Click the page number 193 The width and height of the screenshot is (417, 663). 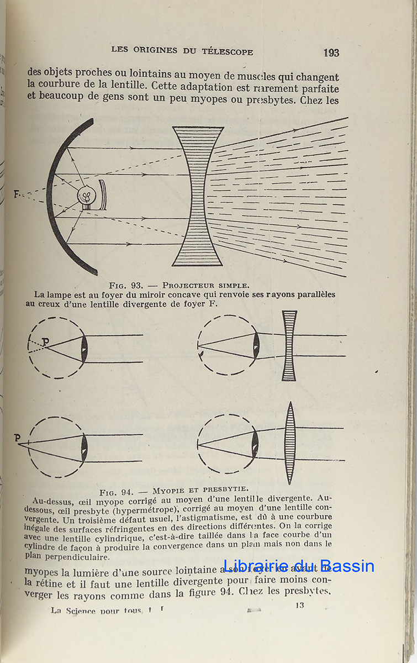(x=331, y=53)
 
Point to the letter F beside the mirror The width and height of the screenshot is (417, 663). (x=17, y=194)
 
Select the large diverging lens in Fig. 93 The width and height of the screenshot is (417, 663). (x=198, y=196)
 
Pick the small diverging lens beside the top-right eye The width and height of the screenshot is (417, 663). (x=289, y=346)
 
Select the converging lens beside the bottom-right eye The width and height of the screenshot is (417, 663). (x=290, y=443)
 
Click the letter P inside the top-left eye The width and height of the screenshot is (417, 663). (x=45, y=342)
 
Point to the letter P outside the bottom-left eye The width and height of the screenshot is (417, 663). (x=17, y=438)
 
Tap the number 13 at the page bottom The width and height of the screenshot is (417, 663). (x=299, y=606)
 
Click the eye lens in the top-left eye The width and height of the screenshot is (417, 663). (x=84, y=349)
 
